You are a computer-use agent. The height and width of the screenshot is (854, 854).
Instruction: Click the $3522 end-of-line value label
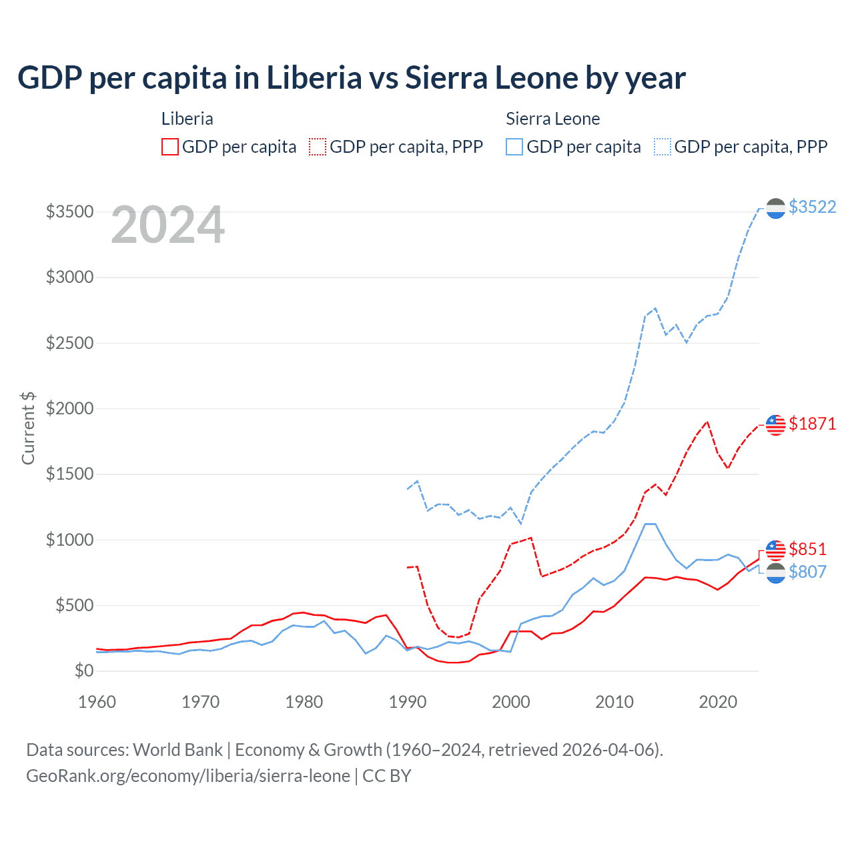tap(812, 207)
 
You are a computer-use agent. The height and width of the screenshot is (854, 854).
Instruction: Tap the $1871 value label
tap(812, 424)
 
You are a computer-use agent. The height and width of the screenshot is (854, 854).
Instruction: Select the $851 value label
tap(807, 549)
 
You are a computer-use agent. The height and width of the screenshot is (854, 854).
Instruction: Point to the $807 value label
tap(807, 572)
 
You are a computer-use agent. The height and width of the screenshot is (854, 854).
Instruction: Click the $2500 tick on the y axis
tap(69, 343)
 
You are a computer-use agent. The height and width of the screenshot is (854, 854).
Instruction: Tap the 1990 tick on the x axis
tap(407, 702)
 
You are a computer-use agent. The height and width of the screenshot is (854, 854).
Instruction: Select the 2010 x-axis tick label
tap(614, 702)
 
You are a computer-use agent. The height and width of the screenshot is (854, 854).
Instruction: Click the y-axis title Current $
tap(28, 428)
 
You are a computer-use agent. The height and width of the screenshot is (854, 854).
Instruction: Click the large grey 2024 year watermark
tap(167, 225)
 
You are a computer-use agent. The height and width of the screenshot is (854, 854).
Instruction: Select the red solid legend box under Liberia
tap(170, 147)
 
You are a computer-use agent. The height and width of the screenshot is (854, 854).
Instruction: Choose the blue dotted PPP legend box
tap(663, 147)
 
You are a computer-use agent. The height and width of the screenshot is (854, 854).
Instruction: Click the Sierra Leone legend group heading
tap(552, 119)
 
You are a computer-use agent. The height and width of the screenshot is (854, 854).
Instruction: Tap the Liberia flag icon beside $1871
tap(775, 424)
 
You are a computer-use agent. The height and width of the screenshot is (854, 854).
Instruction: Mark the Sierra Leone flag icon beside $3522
tap(775, 208)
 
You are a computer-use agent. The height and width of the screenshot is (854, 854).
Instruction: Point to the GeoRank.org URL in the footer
tap(188, 776)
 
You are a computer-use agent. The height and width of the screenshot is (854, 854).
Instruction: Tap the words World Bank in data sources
tap(177, 750)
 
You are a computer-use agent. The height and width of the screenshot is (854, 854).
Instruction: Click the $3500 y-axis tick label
tap(69, 211)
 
